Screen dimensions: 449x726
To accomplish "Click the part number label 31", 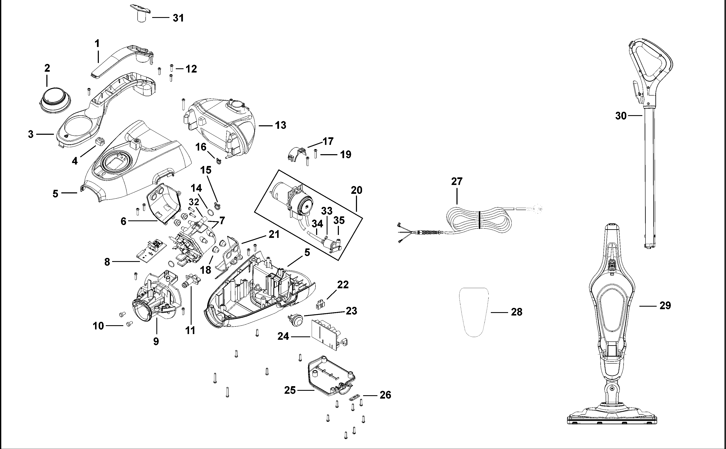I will (178, 18).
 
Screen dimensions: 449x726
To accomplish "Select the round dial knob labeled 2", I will (55, 100).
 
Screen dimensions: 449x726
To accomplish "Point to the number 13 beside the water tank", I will (280, 125).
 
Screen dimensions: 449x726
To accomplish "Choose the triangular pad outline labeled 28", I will (474, 312).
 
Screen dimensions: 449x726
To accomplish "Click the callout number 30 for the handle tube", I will (621, 116).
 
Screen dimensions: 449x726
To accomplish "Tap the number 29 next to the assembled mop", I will (665, 306).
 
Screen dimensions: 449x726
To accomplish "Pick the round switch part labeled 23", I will (295, 321).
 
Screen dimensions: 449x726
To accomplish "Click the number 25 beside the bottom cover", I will (290, 390).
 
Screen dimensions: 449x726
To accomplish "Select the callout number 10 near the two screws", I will (98, 326).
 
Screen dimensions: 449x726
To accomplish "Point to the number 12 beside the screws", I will (191, 69).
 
